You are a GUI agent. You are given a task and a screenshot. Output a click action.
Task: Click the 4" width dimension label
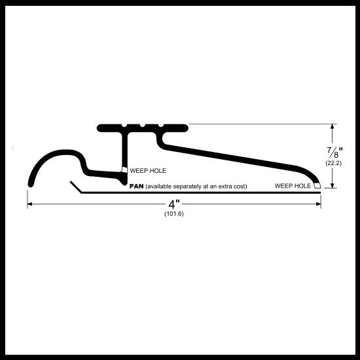pyautogui.click(x=174, y=204)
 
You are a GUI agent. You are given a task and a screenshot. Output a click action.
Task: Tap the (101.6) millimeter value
pyautogui.click(x=174, y=214)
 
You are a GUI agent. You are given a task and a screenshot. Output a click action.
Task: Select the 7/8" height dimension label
pyautogui.click(x=335, y=153)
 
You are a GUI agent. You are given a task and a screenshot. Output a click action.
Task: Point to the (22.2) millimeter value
pyautogui.click(x=333, y=163)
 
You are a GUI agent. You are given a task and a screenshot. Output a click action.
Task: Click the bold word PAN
pyautogui.click(x=136, y=186)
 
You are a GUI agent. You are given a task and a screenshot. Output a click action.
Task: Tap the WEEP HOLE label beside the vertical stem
pyautogui.click(x=148, y=171)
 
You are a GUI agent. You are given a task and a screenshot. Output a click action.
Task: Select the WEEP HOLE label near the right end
pyautogui.click(x=293, y=186)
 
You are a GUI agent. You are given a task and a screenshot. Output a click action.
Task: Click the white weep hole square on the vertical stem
pyautogui.click(x=124, y=170)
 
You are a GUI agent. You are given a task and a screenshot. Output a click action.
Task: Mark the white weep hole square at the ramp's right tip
pyautogui.click(x=317, y=185)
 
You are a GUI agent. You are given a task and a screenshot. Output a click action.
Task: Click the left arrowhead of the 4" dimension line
pyautogui.click(x=30, y=204)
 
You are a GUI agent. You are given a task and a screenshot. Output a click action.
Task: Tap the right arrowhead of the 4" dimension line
pyautogui.click(x=318, y=204)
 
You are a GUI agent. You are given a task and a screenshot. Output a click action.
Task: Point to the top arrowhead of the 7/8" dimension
pyautogui.click(x=332, y=126)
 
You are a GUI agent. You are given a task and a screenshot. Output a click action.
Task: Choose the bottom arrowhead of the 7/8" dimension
pyautogui.click(x=332, y=185)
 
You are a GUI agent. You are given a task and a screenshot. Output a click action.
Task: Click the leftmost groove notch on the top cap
pyautogui.click(x=124, y=126)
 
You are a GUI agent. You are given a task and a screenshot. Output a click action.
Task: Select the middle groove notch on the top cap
pyautogui.click(x=142, y=126)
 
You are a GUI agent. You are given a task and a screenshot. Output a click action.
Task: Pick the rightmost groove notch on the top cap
pyautogui.click(x=161, y=126)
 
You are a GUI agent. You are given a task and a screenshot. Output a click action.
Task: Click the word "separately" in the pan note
pyautogui.click(x=184, y=187)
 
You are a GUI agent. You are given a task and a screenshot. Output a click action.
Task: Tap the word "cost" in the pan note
pyautogui.click(x=241, y=187)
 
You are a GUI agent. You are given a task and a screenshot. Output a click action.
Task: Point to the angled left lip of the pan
pyautogui.click(x=76, y=187)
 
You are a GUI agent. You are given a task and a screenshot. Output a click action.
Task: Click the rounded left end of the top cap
pyautogui.click(x=99, y=128)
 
